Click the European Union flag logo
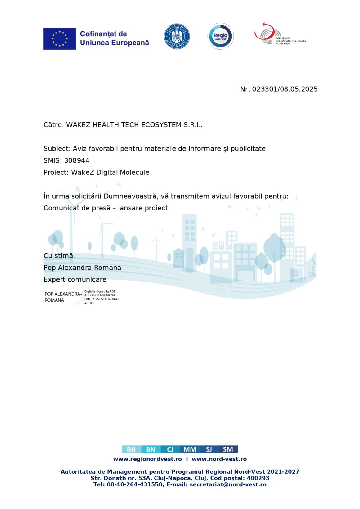pyautogui.click(x=59, y=39)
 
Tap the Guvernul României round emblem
pyautogui.click(x=177, y=37)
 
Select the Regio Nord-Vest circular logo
pyautogui.click(x=220, y=36)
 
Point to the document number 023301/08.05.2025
pyautogui.click(x=285, y=89)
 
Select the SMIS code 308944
pyautogui.click(x=77, y=161)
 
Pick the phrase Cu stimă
pyautogui.click(x=59, y=256)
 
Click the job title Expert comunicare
pyautogui.click(x=75, y=280)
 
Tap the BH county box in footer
pyautogui.click(x=131, y=449)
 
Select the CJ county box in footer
pyautogui.click(x=170, y=449)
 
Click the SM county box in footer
pyautogui.click(x=228, y=449)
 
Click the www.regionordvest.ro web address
pyautogui.click(x=147, y=459)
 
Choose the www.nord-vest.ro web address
pyautogui.click(x=219, y=459)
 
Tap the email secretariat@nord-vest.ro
pyautogui.click(x=228, y=485)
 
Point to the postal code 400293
pyautogui.click(x=258, y=478)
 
